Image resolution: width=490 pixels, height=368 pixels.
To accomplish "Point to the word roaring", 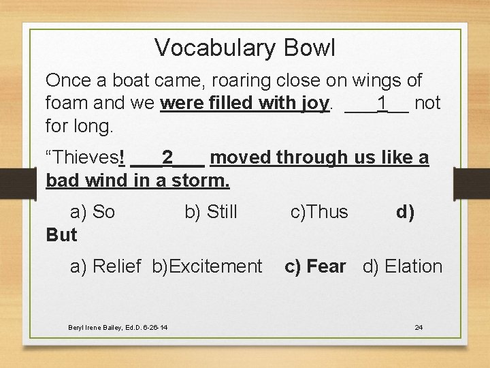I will tap(238, 80).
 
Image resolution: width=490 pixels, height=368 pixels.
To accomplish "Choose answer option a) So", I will tap(93, 212).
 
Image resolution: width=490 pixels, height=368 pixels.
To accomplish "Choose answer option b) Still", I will tap(211, 212).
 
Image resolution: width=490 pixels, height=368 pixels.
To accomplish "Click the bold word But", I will tap(61, 235).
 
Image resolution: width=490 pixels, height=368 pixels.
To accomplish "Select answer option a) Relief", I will tap(105, 266).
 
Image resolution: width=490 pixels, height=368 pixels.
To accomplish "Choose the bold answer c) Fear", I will tap(315, 266).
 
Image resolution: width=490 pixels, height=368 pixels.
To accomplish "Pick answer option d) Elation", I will tap(402, 266).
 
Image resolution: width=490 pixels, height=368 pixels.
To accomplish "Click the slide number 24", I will tap(419, 328).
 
